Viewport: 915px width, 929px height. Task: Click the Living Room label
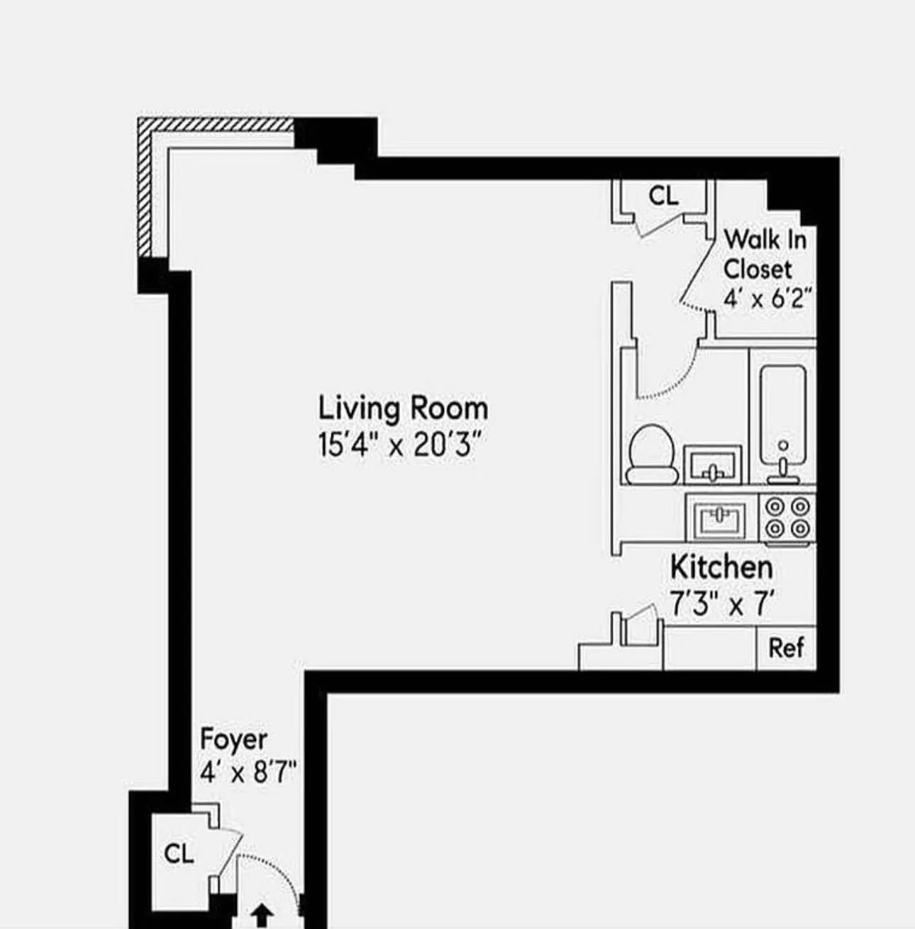tap(402, 408)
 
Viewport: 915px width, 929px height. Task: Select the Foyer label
tap(233, 739)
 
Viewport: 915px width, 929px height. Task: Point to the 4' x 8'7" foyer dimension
tap(248, 772)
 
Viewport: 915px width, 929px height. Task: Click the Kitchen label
tap(721, 567)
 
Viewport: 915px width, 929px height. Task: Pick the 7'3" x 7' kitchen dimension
tap(721, 605)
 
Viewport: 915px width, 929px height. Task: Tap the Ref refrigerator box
tap(786, 647)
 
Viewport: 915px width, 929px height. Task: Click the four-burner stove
tap(787, 518)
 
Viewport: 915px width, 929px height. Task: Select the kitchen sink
tap(721, 519)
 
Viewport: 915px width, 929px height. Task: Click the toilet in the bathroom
tap(651, 455)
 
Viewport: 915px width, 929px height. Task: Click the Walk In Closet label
tap(765, 254)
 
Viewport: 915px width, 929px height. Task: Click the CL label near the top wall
tap(663, 196)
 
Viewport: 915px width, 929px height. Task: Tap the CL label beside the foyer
tap(178, 853)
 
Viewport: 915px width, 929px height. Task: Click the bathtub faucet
tap(783, 464)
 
